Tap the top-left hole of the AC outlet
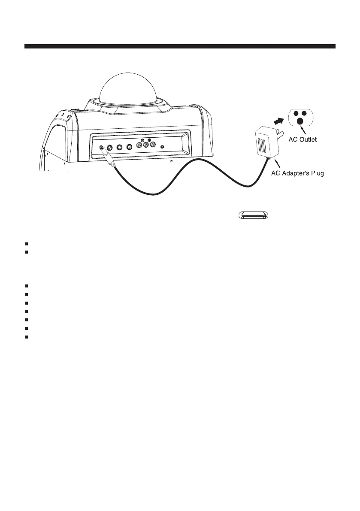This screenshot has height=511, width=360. (x=296, y=113)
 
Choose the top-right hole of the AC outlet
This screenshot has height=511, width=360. (x=305, y=113)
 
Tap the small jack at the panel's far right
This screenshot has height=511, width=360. (x=162, y=147)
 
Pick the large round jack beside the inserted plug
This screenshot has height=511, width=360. (x=110, y=147)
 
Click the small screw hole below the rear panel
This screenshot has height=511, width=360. (x=171, y=162)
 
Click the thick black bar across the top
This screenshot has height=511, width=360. (x=180, y=46)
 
